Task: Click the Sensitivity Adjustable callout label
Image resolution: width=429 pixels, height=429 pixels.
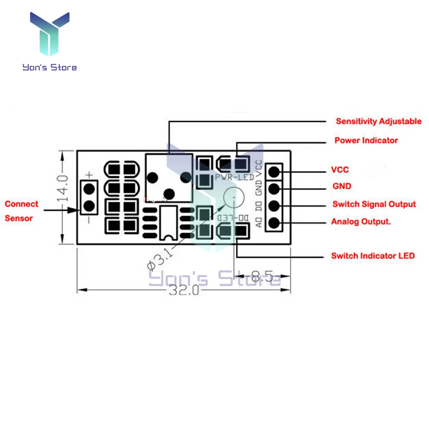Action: [x=378, y=121]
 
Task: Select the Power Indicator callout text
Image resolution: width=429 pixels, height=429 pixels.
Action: [x=366, y=140]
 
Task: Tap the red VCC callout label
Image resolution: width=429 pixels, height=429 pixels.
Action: [x=340, y=169]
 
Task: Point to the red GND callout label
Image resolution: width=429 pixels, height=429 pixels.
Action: [x=341, y=186]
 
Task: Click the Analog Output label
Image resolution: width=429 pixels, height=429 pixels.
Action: [x=363, y=222]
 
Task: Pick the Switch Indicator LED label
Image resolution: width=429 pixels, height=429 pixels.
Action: [x=373, y=256]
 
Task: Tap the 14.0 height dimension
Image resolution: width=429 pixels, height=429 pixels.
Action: [x=63, y=189]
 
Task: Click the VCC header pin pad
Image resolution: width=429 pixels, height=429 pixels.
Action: [x=274, y=172]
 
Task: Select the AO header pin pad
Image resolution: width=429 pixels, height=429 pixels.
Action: [x=274, y=223]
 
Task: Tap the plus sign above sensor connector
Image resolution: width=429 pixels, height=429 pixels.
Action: [x=89, y=175]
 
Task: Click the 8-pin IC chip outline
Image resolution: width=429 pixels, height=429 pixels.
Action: [x=168, y=222]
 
